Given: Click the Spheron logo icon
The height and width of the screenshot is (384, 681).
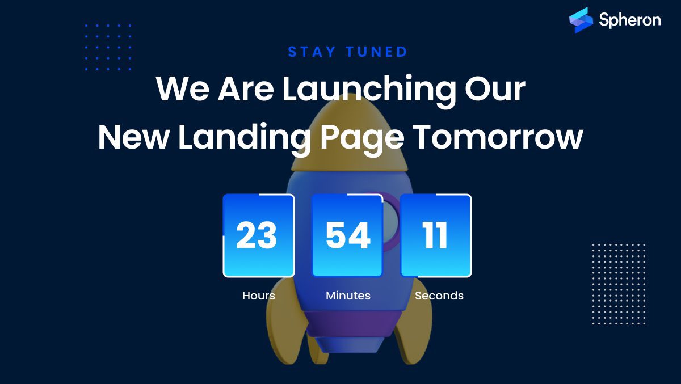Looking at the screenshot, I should coord(581,20).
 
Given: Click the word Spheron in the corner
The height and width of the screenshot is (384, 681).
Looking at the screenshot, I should coord(629,20).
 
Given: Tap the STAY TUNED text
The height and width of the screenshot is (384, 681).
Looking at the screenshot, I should coord(347,52).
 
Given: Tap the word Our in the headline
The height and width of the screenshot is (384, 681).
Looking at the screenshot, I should coord(494,89).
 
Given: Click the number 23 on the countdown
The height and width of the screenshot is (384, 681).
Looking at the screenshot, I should coord(257,236).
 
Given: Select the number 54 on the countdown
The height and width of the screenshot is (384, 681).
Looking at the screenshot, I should coord(347,236).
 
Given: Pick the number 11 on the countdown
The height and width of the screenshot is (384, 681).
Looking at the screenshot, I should coord(435,236).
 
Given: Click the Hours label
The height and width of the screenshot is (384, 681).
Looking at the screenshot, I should coord(258,296).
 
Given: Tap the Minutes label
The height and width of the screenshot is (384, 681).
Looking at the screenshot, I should coord(348,296).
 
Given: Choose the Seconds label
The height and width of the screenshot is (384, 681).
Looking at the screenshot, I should coord(439,296).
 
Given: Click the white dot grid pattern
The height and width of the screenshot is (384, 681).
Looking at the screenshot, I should coord(619,284).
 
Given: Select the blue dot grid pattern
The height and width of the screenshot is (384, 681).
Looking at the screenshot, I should coord(108,47).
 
